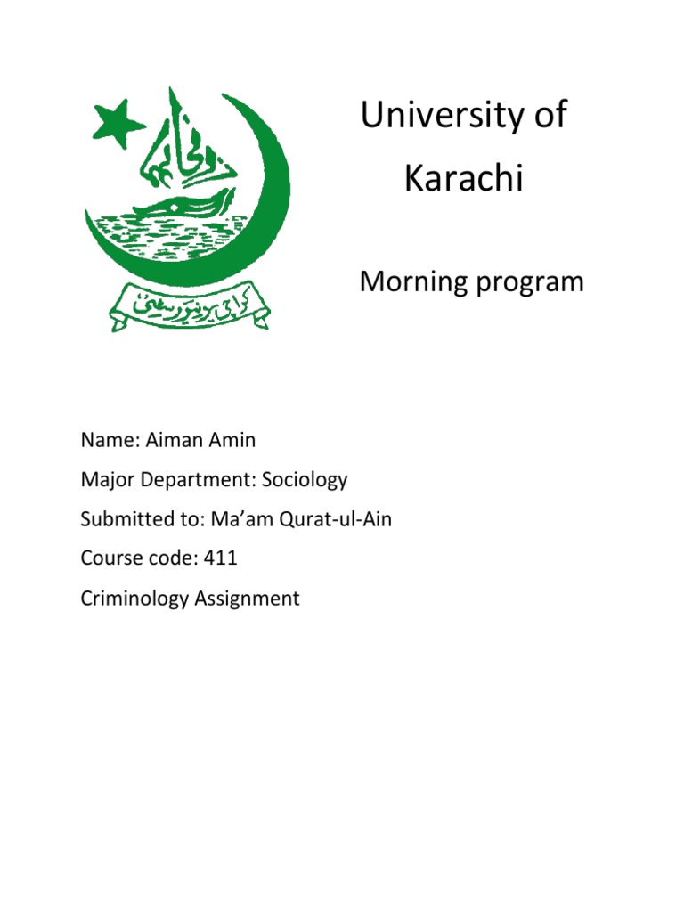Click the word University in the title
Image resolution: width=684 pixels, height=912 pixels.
point(441,117)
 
